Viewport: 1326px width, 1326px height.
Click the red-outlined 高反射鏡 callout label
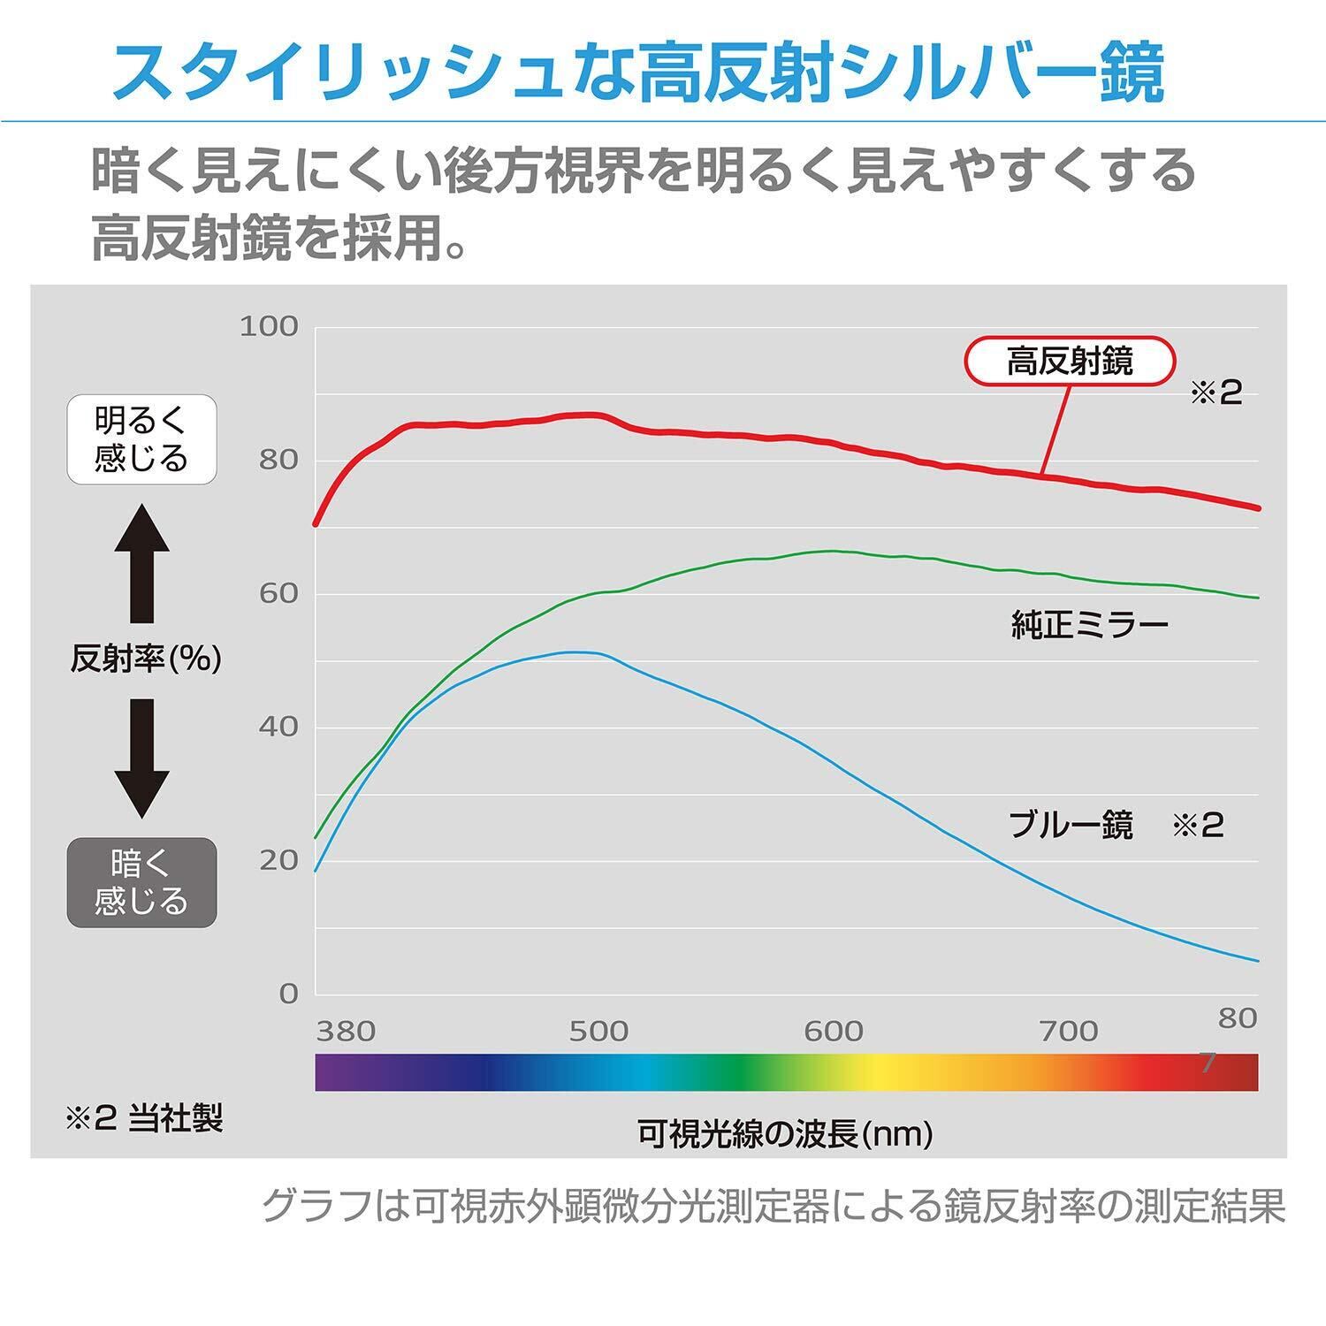click(x=1070, y=362)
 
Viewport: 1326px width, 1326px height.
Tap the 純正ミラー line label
click(x=1090, y=626)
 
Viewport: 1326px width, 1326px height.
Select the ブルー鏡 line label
click(x=1071, y=826)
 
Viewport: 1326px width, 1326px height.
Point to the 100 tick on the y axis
click(x=269, y=326)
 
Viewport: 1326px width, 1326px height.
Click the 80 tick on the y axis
click(x=278, y=460)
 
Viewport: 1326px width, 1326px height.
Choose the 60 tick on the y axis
click(x=278, y=593)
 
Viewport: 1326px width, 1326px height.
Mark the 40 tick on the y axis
click(x=278, y=727)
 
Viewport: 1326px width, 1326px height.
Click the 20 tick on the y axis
click(x=278, y=860)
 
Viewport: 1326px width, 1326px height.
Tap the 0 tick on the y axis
click(x=288, y=994)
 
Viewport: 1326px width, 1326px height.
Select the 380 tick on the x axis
click(x=346, y=1031)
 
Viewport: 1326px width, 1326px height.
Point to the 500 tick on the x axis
click(x=598, y=1031)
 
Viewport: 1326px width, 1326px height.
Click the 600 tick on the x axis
click(x=834, y=1031)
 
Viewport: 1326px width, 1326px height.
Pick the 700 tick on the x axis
click(x=1069, y=1031)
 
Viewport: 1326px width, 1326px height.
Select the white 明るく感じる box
click(x=141, y=439)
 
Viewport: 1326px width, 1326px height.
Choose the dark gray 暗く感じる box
click(x=141, y=882)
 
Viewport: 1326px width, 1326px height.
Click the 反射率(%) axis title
click(x=146, y=659)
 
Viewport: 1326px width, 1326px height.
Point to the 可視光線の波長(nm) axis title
click(x=785, y=1133)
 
